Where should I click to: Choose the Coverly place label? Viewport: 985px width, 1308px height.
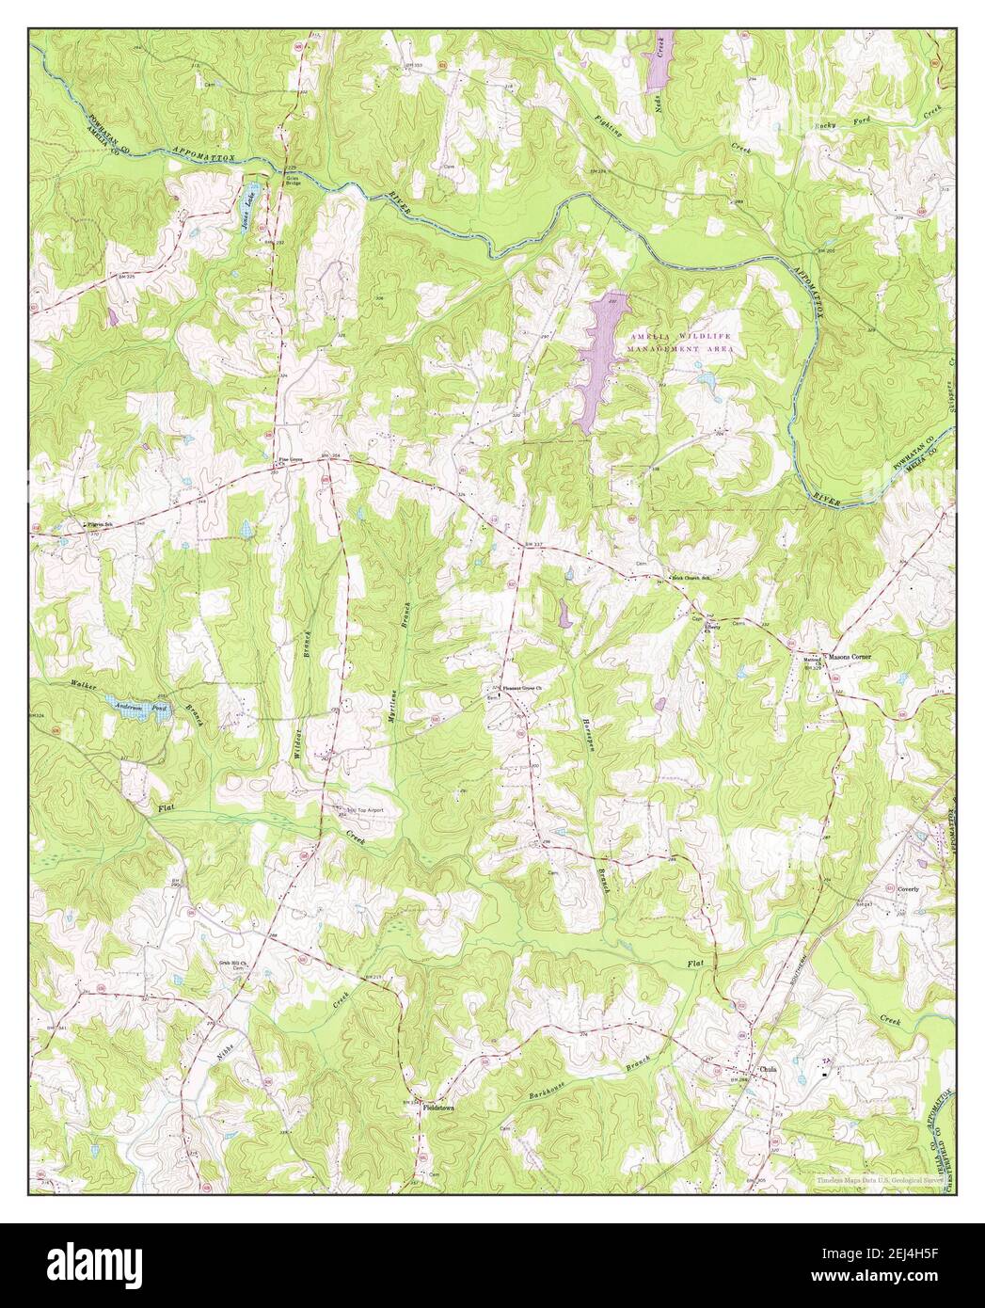point(907,887)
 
